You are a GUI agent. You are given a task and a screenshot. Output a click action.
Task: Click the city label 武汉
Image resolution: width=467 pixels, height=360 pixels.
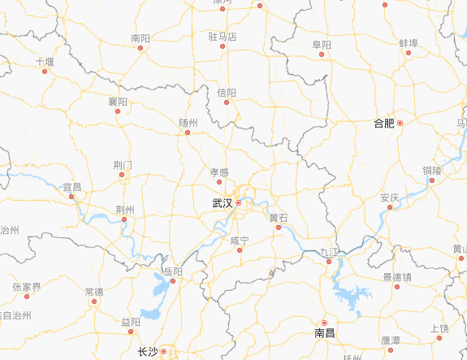tap(222, 203)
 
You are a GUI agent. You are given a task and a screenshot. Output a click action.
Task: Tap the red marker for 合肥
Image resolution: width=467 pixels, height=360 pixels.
tap(400, 123)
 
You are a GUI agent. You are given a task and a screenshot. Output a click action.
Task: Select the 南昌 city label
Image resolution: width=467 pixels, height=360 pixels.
tap(324, 333)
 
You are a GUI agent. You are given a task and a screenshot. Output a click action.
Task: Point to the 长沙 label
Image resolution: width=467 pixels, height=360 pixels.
tap(147, 352)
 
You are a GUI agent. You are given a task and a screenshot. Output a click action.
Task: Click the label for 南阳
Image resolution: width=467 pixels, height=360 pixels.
tap(141, 37)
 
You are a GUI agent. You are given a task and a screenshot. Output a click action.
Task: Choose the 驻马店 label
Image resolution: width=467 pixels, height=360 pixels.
tap(222, 37)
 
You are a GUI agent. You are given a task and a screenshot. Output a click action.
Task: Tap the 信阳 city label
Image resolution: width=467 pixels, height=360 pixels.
tap(227, 93)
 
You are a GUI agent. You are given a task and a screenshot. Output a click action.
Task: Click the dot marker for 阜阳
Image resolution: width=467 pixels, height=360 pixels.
tap(322, 54)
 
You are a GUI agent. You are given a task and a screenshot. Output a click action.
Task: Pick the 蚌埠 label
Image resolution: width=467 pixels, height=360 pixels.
tap(409, 42)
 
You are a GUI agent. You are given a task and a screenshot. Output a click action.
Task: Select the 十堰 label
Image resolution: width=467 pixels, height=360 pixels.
tap(45, 61)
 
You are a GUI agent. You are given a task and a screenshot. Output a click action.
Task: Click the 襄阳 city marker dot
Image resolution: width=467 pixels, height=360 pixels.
tap(119, 112)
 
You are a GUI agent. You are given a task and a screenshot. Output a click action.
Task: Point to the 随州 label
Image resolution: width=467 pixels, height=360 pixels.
tap(188, 122)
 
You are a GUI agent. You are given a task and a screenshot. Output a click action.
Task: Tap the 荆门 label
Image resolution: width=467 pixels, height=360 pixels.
tap(123, 165)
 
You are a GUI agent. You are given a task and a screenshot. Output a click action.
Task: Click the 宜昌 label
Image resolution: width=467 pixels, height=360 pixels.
tap(72, 187)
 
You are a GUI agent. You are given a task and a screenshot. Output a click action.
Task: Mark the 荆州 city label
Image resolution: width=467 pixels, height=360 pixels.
tap(124, 209)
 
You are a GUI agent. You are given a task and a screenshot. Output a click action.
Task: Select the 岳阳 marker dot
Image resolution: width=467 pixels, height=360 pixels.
tap(173, 281)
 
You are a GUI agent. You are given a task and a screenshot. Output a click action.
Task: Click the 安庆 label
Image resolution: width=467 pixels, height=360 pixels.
tap(389, 197)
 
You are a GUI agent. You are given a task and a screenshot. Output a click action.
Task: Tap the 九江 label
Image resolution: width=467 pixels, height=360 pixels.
tap(329, 252)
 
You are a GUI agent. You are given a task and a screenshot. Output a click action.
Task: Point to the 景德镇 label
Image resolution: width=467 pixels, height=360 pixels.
tap(397, 276)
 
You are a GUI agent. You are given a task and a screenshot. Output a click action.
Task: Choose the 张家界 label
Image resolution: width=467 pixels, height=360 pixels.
tap(26, 287)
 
